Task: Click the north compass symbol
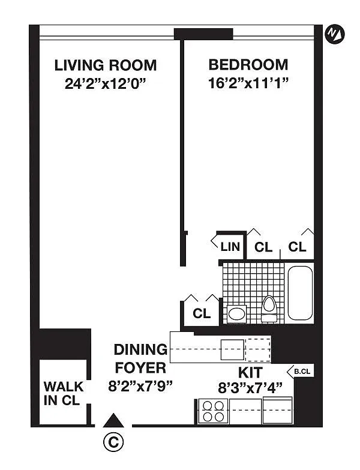pyautogui.click(x=335, y=34)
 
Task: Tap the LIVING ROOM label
pyautogui.click(x=106, y=65)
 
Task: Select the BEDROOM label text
pyautogui.click(x=248, y=65)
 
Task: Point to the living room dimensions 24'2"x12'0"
pyautogui.click(x=106, y=83)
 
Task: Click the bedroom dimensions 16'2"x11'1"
pyautogui.click(x=248, y=83)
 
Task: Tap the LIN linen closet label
pyautogui.click(x=230, y=247)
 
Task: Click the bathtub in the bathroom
pyautogui.click(x=300, y=293)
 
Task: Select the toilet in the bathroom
pyautogui.click(x=269, y=309)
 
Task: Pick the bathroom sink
pyautogui.click(x=236, y=314)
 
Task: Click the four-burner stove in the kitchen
pyautogui.click(x=213, y=411)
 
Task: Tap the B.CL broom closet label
pyautogui.click(x=302, y=372)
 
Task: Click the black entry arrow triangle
pyautogui.click(x=113, y=420)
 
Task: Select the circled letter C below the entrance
pyautogui.click(x=113, y=442)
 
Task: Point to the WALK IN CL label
pyautogui.click(x=64, y=393)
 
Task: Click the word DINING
pyautogui.click(x=141, y=349)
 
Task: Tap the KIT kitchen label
pyautogui.click(x=250, y=373)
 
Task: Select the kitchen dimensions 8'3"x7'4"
pyautogui.click(x=250, y=388)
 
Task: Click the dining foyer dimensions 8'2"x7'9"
pyautogui.click(x=140, y=387)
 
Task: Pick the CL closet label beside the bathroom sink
pyautogui.click(x=202, y=313)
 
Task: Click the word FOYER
pyautogui.click(x=140, y=368)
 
